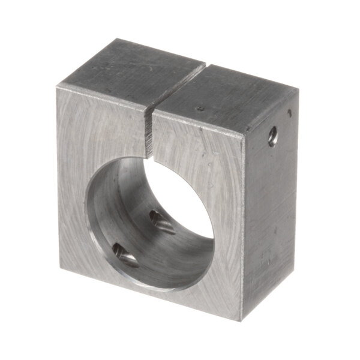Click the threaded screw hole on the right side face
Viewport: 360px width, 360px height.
273,136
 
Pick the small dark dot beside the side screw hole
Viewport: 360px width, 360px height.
290,112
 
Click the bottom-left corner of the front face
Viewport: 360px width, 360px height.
61,268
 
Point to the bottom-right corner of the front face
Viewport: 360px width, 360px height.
242,319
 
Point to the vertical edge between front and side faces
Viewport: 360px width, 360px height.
243,228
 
